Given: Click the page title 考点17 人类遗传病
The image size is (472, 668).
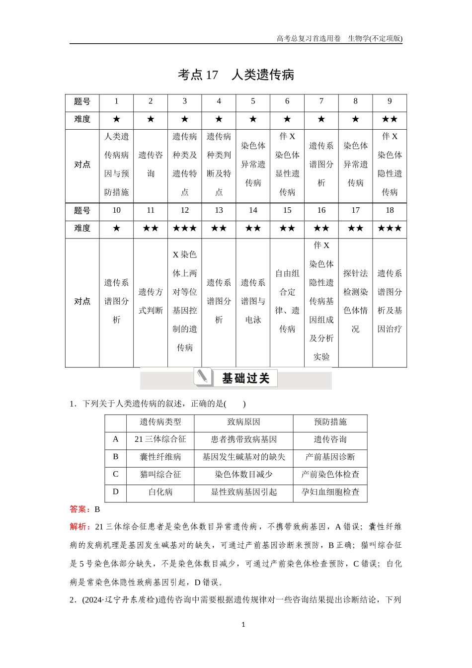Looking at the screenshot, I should point(236,75).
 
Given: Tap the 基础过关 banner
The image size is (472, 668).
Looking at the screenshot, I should point(236,378).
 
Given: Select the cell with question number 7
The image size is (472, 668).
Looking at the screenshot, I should point(321,101).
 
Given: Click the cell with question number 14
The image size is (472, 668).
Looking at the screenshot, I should point(253,210).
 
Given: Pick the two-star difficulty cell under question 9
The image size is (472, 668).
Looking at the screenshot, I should point(390,119).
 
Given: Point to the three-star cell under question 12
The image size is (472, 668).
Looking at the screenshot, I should point(185,228).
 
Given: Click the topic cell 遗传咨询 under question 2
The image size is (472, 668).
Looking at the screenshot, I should point(151,165).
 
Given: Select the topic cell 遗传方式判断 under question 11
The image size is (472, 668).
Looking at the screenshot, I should point(151,301).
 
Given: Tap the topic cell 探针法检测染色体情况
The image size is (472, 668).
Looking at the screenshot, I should point(356,301).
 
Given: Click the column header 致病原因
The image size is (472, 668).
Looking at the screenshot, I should point(243,422).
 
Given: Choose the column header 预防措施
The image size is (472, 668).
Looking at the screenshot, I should point(330,422).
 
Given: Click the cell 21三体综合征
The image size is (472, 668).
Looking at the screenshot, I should point(160,439).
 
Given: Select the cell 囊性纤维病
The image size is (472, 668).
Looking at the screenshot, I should point(160,457).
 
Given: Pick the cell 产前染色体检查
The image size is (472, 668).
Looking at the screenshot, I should point(330,474).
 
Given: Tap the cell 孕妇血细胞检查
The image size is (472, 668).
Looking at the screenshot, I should point(330,492).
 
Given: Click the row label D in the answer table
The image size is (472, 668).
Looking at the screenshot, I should point(116,492).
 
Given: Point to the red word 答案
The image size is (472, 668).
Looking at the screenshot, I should point(79,509).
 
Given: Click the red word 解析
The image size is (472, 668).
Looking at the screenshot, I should point(79,527).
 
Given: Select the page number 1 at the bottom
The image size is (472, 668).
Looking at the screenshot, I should point(243,625).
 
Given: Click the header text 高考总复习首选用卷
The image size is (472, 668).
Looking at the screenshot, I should point(309,39).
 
